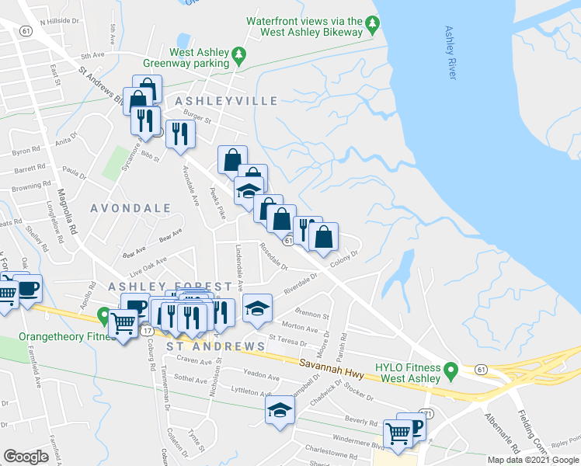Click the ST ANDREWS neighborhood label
pos(217,346)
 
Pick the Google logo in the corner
pos(26,457)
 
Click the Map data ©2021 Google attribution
pos(533,459)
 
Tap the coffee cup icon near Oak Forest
pos(27,289)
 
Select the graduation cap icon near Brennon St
pos(257,309)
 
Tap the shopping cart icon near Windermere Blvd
pos(398,433)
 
